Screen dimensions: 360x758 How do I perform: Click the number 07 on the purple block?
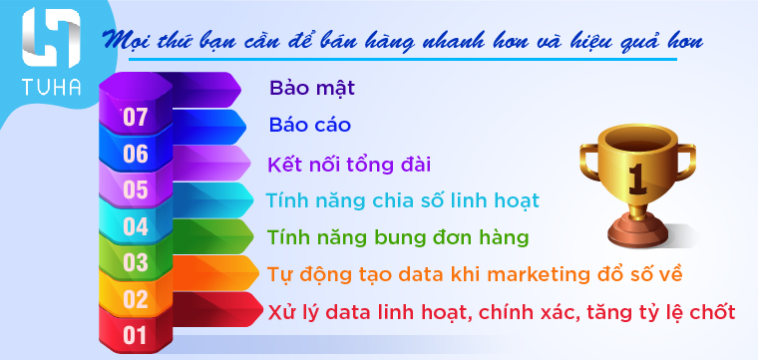click(x=135, y=117)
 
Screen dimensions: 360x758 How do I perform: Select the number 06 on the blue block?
click(x=135, y=154)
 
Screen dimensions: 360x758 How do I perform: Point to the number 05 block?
click(x=135, y=189)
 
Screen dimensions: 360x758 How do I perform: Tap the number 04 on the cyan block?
click(x=135, y=225)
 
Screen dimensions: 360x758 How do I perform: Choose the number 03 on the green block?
click(x=135, y=262)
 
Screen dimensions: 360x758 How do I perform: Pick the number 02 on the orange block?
click(x=135, y=298)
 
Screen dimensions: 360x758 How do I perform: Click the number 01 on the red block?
click(x=135, y=334)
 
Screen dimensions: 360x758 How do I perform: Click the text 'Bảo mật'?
click(x=312, y=88)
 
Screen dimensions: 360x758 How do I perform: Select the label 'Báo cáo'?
click(x=309, y=126)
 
